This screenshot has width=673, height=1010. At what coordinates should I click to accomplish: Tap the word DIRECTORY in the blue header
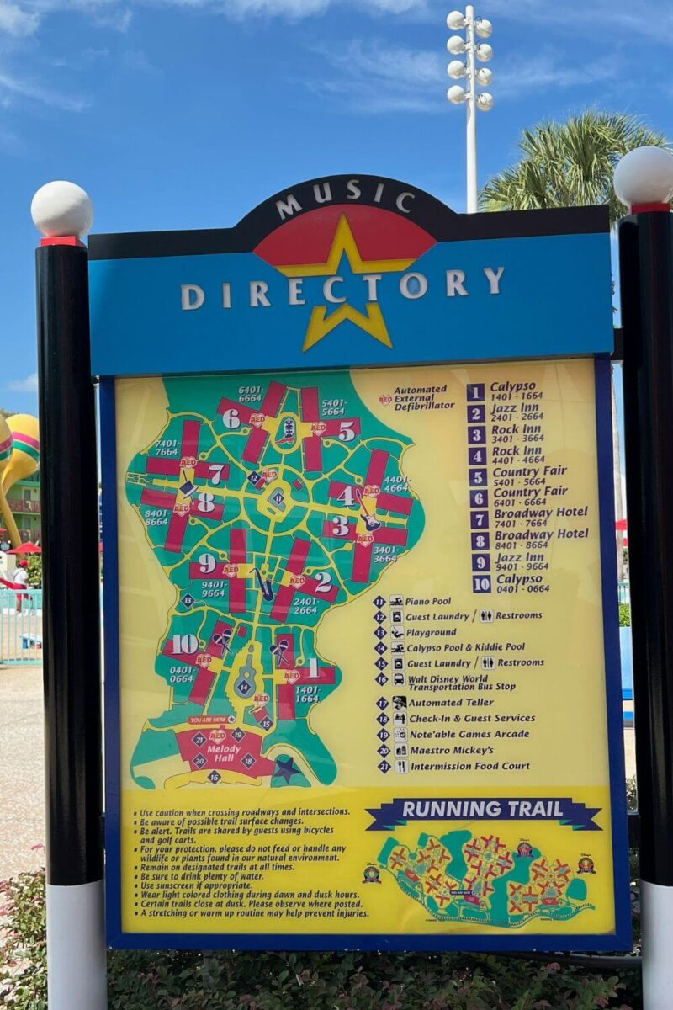coord(342,288)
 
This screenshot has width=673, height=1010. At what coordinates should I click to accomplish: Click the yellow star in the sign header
coord(345,286)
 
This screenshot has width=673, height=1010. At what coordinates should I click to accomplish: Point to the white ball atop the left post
coord(62,209)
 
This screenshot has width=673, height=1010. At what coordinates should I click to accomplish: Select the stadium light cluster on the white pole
coord(469,59)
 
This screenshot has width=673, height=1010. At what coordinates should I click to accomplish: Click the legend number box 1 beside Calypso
coord(476,392)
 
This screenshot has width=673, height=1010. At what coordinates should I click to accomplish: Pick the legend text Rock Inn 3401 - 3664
coord(517,433)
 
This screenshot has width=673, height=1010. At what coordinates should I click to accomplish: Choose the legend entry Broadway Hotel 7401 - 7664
coord(540,517)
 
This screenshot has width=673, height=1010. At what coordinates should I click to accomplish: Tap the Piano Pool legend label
coord(428,601)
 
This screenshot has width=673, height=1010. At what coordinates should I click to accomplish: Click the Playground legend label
coord(432,632)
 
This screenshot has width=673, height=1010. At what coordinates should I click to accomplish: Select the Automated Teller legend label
coord(451,702)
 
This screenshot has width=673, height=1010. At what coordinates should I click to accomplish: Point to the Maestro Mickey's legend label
coord(451,750)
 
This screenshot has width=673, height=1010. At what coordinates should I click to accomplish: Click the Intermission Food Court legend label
coord(469,766)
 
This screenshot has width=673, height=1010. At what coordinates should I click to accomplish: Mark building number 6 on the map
coord(231,418)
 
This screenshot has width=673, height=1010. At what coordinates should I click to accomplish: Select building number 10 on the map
coord(185,645)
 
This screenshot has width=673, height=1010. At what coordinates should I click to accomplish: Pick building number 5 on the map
coord(347,430)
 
